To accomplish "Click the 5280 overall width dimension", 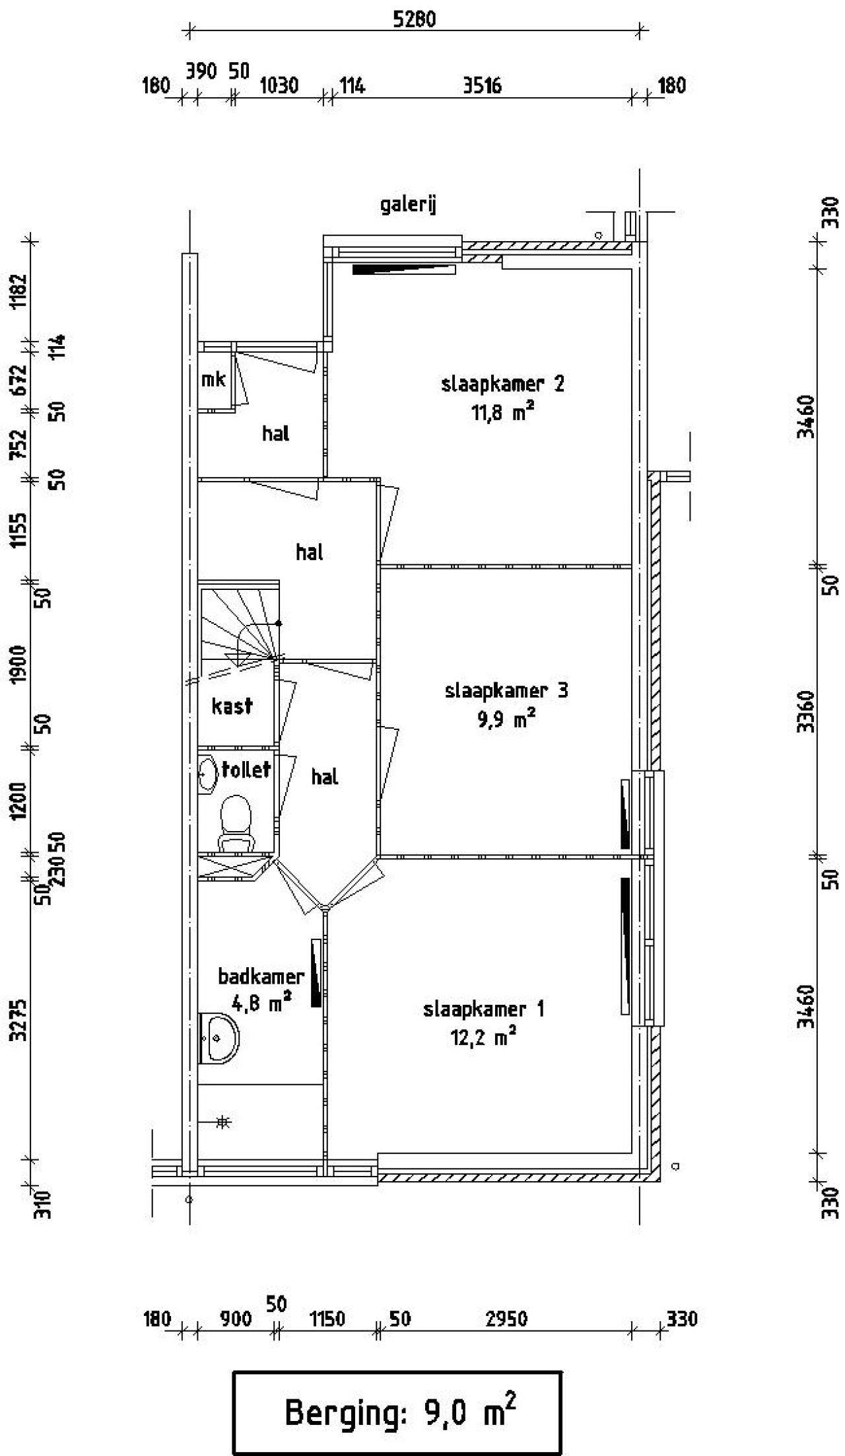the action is click(415, 19).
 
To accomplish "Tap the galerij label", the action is click(409, 205).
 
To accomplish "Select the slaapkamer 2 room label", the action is click(502, 384).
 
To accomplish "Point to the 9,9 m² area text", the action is click(506, 719).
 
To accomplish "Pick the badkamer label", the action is click(261, 976).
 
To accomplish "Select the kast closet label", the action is click(232, 706).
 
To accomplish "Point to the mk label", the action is click(213, 379).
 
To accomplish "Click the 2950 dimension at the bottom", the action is click(507, 1319).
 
